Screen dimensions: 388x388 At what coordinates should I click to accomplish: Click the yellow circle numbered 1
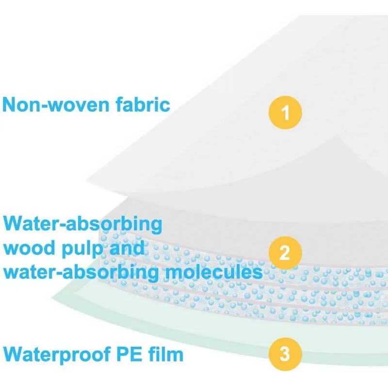(x=285, y=113)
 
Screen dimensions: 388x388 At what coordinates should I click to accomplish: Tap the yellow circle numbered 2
(x=285, y=251)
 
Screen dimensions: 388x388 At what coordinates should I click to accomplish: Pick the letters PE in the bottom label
(x=132, y=354)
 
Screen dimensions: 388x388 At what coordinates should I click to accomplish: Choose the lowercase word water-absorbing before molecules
(x=81, y=272)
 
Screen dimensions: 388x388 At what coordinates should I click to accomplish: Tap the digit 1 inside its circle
(x=285, y=113)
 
